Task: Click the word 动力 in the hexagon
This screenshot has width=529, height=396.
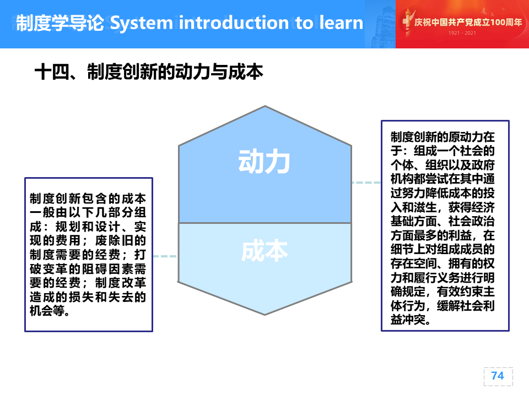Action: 264,162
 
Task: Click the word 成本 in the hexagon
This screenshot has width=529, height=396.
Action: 264,251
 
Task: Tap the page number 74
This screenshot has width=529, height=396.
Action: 498,376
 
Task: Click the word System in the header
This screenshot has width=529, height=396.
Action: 142,23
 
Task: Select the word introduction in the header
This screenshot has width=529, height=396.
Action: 234,23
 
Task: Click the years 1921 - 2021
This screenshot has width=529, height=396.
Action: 462,33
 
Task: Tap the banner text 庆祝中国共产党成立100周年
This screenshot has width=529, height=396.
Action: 468,22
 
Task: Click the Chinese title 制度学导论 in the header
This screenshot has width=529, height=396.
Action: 60,23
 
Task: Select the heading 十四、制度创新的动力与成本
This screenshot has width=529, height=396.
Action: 148,71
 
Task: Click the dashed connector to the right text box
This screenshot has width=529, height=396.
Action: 366,183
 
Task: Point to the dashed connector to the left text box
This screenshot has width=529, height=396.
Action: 165,256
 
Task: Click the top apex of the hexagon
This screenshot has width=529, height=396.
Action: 265,106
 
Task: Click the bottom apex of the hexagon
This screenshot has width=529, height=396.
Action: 265,315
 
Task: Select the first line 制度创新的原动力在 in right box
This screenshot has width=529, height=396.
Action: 442,137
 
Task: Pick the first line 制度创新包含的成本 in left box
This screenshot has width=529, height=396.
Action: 88,199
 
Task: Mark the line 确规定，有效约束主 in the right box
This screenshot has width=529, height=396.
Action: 442,291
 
